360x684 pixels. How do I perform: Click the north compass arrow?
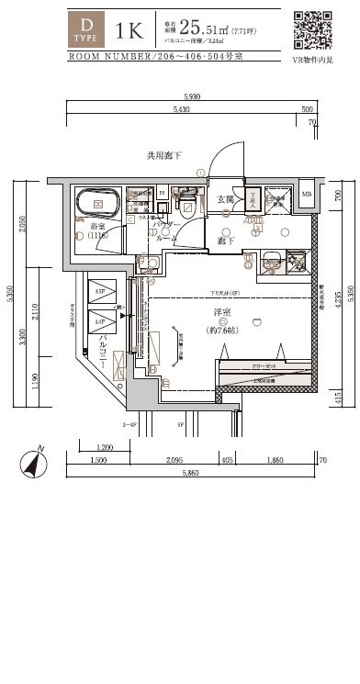point(36,465)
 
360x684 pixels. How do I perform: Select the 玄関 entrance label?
point(225,200)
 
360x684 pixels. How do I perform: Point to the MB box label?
point(307,195)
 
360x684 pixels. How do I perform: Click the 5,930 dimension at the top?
point(191,96)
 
